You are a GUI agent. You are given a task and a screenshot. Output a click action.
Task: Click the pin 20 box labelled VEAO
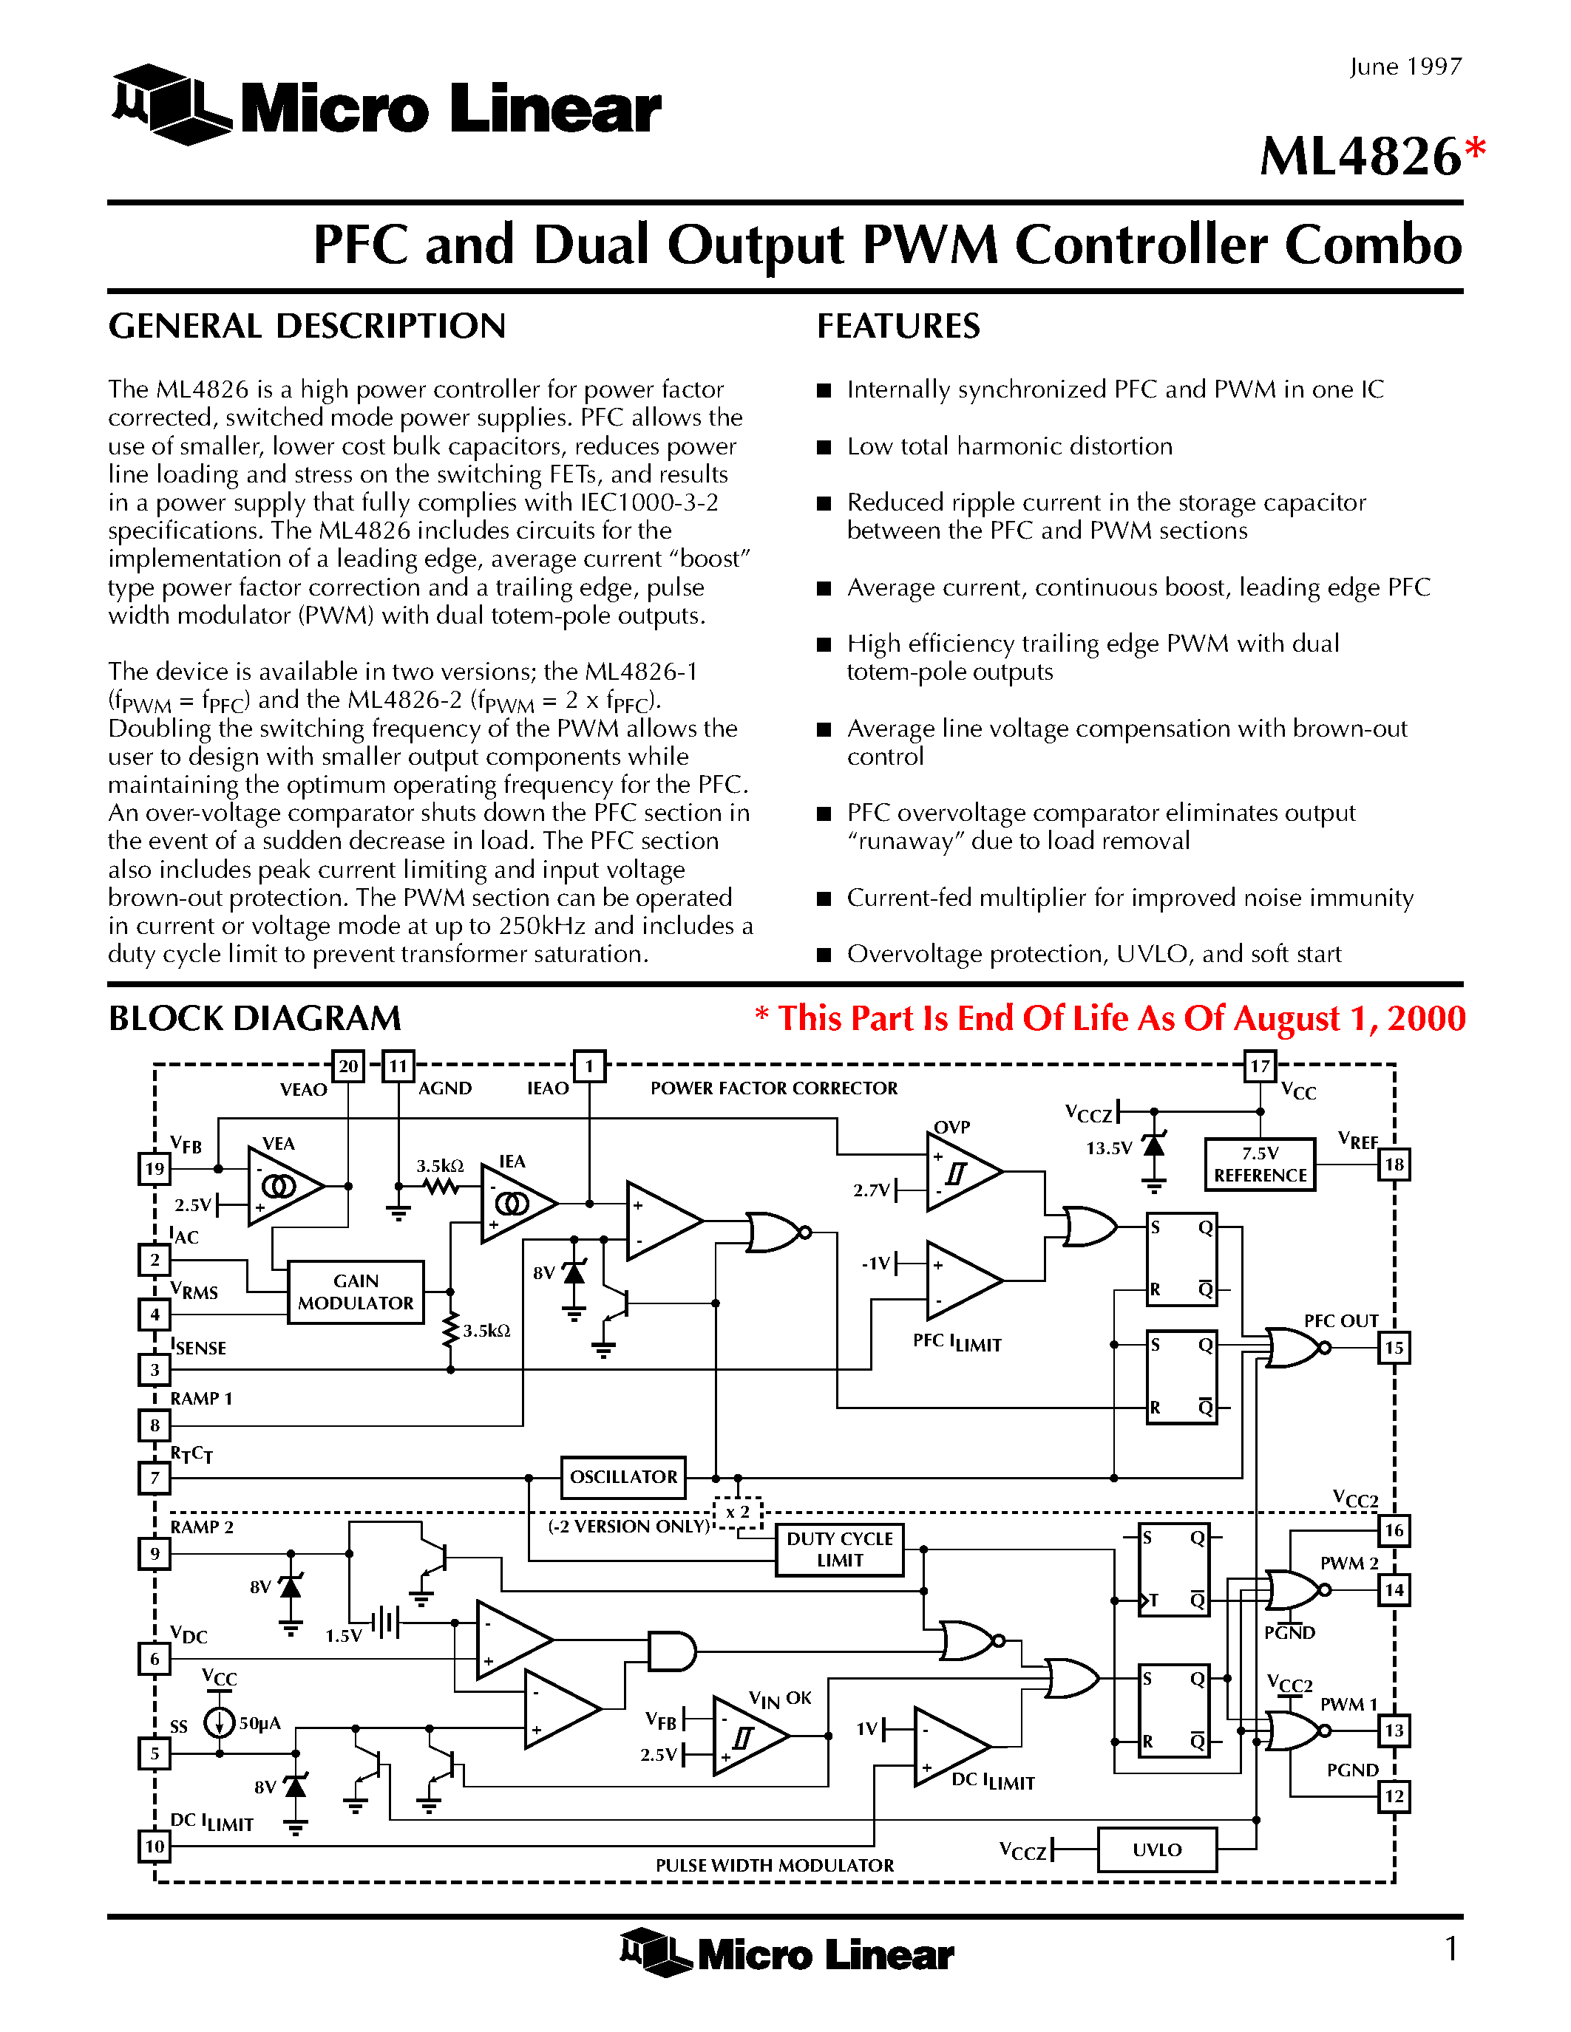coord(348,1066)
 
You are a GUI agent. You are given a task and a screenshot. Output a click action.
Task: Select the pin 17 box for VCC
coord(1259,1066)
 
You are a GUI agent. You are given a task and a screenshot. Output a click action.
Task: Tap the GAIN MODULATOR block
coord(356,1292)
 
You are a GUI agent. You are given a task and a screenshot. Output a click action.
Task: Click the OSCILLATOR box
coord(623,1476)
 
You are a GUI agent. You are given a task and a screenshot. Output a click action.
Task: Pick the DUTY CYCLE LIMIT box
coord(840,1549)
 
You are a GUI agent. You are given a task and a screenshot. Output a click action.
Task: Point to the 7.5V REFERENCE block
coord(1260,1164)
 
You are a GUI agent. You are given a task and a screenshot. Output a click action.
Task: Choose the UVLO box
coord(1157,1849)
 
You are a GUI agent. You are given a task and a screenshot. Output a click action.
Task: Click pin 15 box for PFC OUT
coord(1394,1347)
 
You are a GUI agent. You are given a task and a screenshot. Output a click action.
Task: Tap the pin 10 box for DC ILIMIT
coord(155,1846)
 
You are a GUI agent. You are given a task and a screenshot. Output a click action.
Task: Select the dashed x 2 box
coord(738,1513)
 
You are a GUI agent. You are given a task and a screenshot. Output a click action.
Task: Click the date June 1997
coord(1405,67)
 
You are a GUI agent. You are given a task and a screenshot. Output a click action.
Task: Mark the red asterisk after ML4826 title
coord(1475,149)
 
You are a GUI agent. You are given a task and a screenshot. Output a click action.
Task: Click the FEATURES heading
coord(898,327)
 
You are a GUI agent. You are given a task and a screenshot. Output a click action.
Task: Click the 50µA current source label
coord(259,1724)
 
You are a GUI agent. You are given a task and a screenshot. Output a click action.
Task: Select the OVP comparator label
coord(951,1127)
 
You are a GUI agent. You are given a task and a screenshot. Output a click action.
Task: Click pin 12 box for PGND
coord(1394,1796)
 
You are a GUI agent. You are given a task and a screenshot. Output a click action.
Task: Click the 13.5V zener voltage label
coord(1108,1148)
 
